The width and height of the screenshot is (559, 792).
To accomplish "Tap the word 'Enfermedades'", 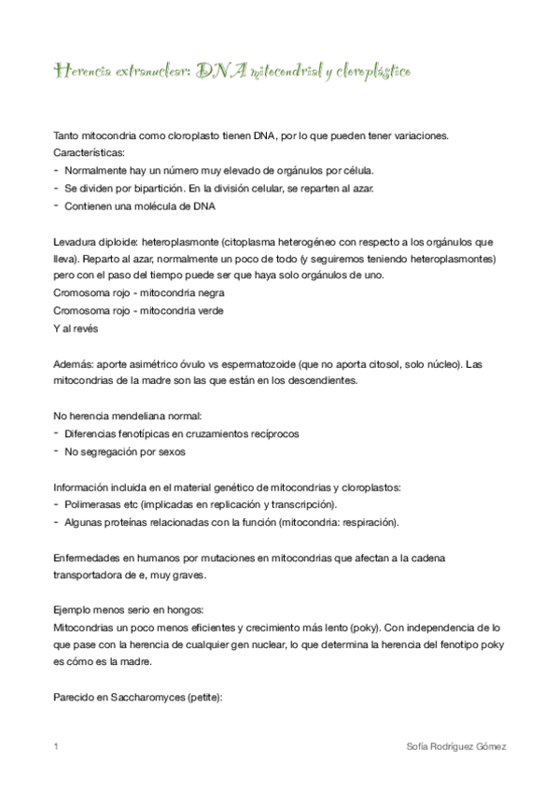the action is pyautogui.click(x=90, y=557).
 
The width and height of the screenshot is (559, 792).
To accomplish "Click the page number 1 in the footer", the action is pyautogui.click(x=56, y=747).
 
